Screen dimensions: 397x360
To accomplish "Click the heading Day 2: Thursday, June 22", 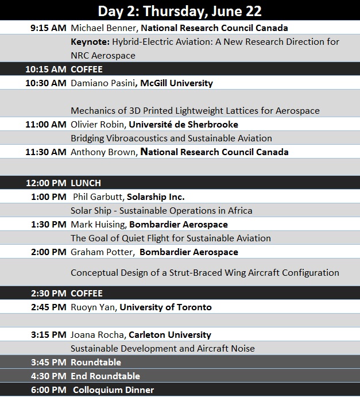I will (180, 10).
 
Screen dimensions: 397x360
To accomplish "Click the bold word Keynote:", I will (90, 42).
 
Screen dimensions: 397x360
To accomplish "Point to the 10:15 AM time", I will (45, 69).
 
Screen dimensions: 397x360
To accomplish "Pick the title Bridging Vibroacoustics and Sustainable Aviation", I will (171, 138).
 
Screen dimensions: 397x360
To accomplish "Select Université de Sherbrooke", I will (183, 124).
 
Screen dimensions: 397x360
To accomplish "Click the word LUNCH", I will (86, 183).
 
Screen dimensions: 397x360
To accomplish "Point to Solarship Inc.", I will (156, 197).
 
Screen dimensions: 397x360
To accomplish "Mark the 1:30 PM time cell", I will (48, 224).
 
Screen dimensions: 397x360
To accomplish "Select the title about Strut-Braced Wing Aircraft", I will (204, 272).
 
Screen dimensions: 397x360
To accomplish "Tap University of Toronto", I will (165, 307).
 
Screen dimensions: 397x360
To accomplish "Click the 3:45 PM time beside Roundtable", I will (48, 363).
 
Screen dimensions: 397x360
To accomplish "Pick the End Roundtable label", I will (105, 376).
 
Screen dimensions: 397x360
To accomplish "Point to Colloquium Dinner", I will (113, 390).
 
